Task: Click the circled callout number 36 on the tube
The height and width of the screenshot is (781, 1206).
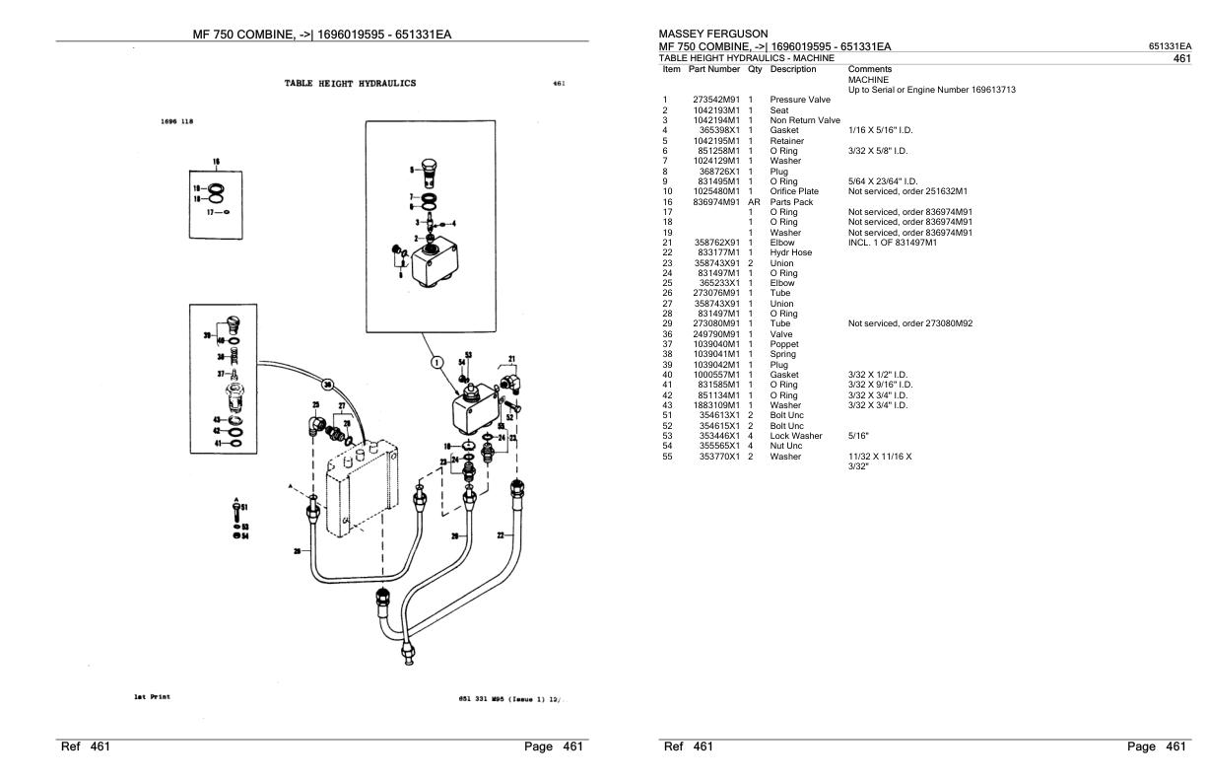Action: click(x=327, y=384)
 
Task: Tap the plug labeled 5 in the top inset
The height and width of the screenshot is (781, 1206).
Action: click(x=427, y=170)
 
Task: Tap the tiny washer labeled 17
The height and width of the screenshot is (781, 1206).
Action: click(x=228, y=211)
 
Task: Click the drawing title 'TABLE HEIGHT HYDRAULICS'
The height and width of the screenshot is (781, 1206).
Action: click(x=350, y=84)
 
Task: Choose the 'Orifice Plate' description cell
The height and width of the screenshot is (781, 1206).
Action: click(x=794, y=190)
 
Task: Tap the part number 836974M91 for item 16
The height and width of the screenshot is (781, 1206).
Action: click(x=715, y=201)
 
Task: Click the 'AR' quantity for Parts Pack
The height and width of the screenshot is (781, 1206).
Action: click(x=754, y=201)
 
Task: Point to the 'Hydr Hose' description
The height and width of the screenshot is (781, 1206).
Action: click(x=791, y=251)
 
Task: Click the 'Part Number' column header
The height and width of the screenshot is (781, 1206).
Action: click(x=714, y=69)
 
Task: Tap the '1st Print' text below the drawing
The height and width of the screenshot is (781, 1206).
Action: click(x=152, y=696)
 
